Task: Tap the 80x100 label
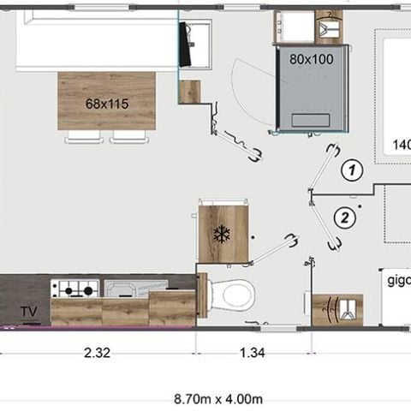click(311, 59)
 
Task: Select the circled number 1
click(349, 169)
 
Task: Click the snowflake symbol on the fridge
click(223, 233)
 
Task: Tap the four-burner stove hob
click(74, 289)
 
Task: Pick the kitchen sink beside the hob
click(128, 289)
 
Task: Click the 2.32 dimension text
click(98, 353)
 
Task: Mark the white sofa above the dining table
click(94, 40)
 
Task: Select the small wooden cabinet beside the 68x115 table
click(190, 91)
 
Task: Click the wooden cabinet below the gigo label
click(337, 310)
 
